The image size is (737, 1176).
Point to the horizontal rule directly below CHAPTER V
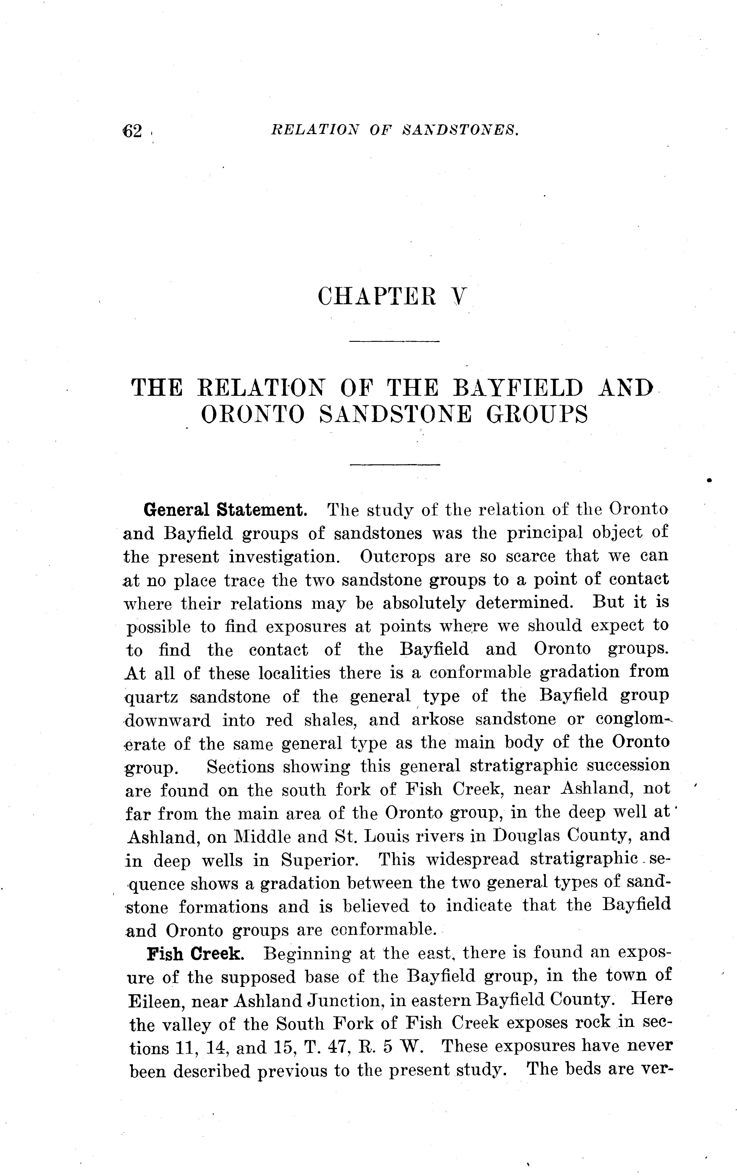tap(395, 341)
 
